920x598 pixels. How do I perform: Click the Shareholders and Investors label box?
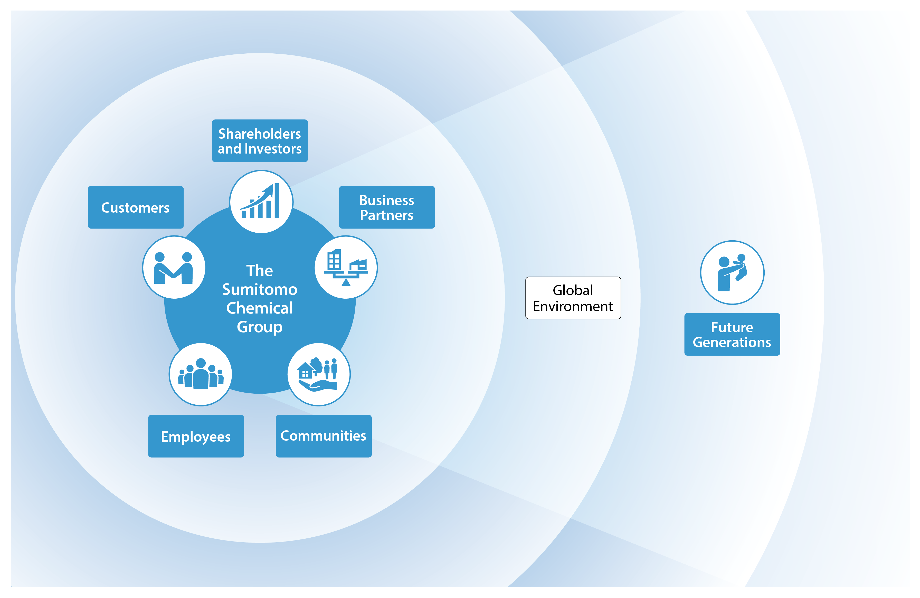[260, 141]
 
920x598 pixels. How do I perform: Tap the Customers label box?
[136, 207]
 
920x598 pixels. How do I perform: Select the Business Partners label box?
[387, 207]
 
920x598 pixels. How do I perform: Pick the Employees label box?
[196, 436]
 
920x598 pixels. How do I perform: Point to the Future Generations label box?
[732, 334]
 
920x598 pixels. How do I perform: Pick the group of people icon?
[201, 374]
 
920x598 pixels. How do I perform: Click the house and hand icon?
[319, 374]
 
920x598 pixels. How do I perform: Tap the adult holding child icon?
[732, 272]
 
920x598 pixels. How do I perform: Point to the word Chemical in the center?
[260, 308]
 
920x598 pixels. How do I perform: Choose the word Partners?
[386, 215]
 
